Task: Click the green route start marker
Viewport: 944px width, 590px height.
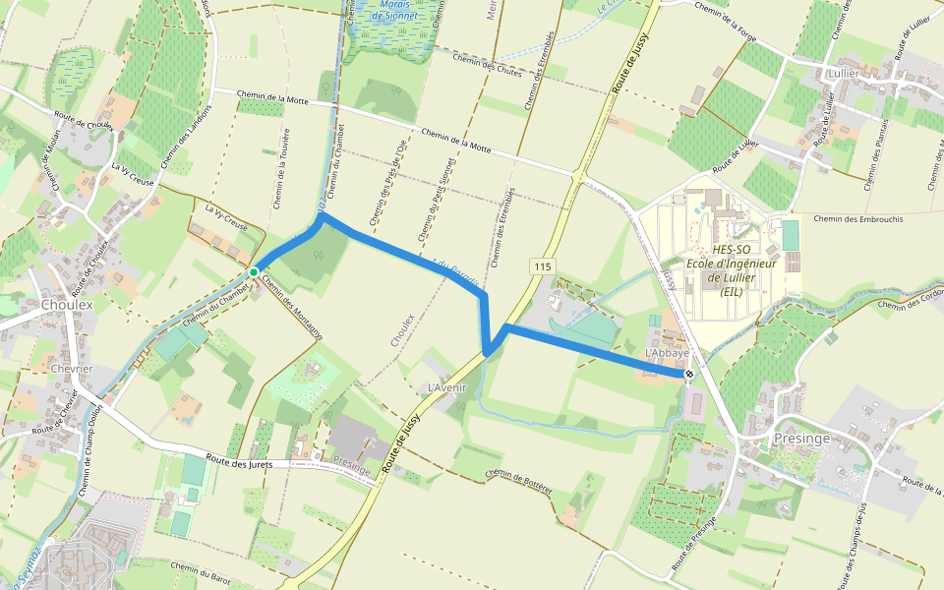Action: click(254, 271)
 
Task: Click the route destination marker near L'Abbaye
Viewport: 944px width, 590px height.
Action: click(688, 374)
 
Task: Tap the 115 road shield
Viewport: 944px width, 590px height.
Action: click(542, 266)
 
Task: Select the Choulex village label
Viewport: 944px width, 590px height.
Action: click(68, 305)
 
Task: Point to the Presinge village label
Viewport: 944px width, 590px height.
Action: click(802, 438)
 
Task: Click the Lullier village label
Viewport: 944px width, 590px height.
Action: click(844, 74)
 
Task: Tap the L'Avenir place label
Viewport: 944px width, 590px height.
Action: click(446, 386)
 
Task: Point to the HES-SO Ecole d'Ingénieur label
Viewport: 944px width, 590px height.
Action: click(732, 264)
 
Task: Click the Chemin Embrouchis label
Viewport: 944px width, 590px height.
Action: click(859, 218)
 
